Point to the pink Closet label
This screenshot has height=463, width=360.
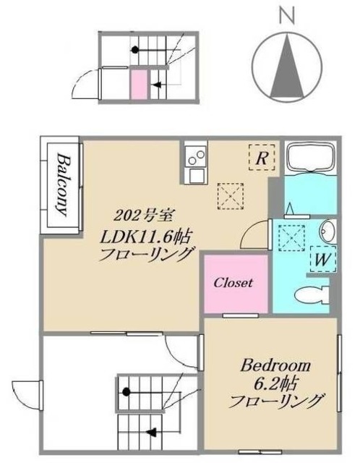tap(233, 283)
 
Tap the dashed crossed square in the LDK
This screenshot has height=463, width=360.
tap(231, 194)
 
